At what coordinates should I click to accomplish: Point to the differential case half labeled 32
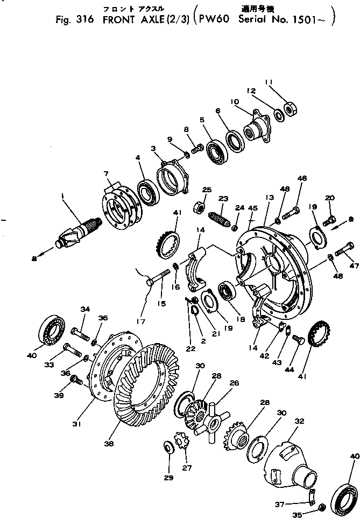[285, 463]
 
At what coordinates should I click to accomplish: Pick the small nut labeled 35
[321, 506]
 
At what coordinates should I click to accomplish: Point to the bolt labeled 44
[299, 340]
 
